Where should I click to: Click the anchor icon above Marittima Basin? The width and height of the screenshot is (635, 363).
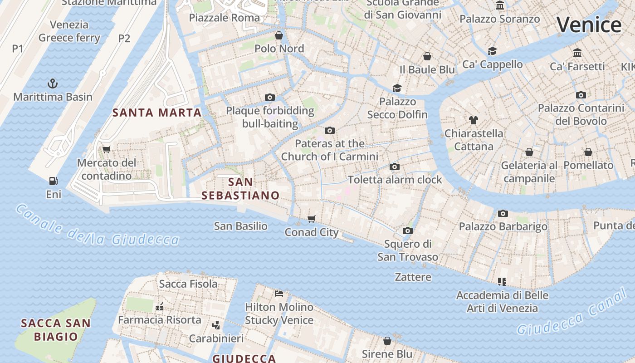[53, 83]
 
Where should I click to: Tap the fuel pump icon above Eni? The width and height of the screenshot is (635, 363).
[54, 181]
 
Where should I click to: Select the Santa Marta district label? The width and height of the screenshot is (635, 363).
[157, 113]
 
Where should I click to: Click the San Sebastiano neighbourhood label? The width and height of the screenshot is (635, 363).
[240, 189]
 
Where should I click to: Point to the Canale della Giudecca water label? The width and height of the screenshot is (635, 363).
[98, 226]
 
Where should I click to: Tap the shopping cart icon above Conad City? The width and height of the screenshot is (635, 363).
[311, 219]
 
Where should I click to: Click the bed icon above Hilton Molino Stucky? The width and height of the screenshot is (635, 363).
[279, 294]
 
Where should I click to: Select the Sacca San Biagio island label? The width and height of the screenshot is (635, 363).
[56, 330]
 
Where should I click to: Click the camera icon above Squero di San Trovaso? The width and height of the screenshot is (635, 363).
[408, 231]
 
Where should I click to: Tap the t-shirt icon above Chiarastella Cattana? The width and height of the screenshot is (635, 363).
[474, 120]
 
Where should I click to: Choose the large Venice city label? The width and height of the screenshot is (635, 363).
[589, 25]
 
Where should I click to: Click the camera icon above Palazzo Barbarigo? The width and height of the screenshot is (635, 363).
[503, 213]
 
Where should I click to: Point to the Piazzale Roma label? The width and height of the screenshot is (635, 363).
[225, 18]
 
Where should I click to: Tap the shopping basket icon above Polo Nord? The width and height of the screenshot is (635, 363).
[279, 35]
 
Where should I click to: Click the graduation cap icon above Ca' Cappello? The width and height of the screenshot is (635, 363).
[493, 51]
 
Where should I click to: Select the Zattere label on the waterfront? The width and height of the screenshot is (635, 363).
[413, 277]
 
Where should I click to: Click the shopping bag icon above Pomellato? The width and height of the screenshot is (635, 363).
[588, 152]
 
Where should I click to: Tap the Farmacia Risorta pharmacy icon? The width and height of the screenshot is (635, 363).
[159, 307]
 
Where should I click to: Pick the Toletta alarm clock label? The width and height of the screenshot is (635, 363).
[395, 180]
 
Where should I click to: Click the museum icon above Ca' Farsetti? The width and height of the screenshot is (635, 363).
[577, 53]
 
